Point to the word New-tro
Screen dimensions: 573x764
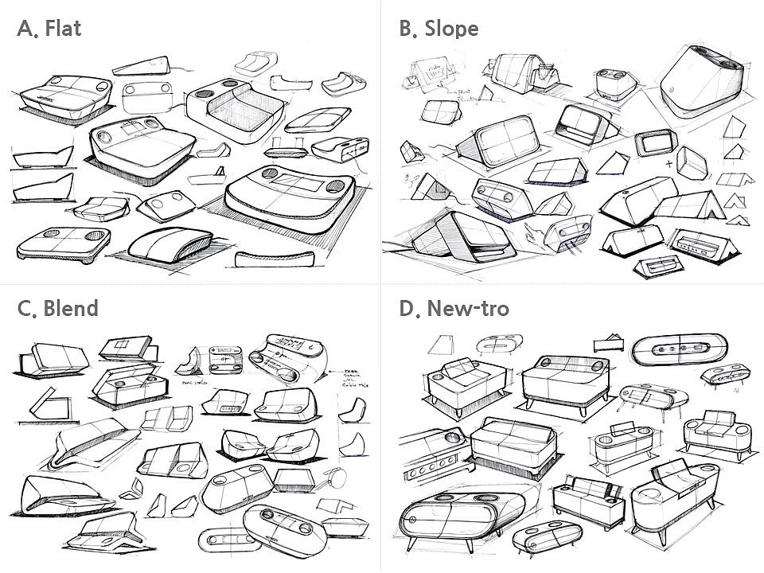[x=468, y=308]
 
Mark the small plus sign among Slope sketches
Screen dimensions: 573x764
[x=668, y=165]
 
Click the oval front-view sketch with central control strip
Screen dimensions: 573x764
[x=680, y=350]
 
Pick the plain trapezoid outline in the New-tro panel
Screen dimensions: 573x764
[x=437, y=344]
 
